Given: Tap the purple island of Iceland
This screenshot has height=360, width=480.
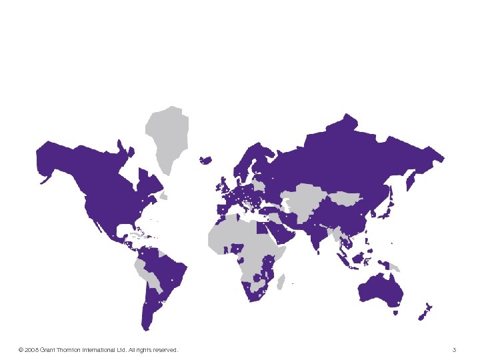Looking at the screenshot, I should pyautogui.click(x=205, y=160).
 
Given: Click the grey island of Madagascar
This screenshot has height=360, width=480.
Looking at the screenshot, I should pyautogui.click(x=281, y=281).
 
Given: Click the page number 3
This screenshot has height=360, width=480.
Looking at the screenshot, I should pyautogui.click(x=454, y=350).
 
